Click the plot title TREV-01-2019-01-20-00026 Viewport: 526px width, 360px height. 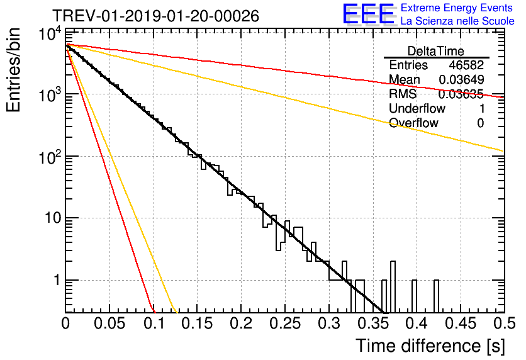point(155,16)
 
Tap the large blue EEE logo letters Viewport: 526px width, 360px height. point(368,14)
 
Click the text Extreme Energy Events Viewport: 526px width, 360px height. point(457,8)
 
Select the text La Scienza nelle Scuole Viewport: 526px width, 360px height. point(457,21)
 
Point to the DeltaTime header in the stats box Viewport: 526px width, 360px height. point(436,51)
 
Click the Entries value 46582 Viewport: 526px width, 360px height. point(466,65)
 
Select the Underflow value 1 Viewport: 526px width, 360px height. point(481,109)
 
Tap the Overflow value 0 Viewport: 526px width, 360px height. point(481,123)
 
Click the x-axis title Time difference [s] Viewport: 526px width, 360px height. point(430,345)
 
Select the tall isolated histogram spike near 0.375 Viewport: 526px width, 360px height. point(393,287)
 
